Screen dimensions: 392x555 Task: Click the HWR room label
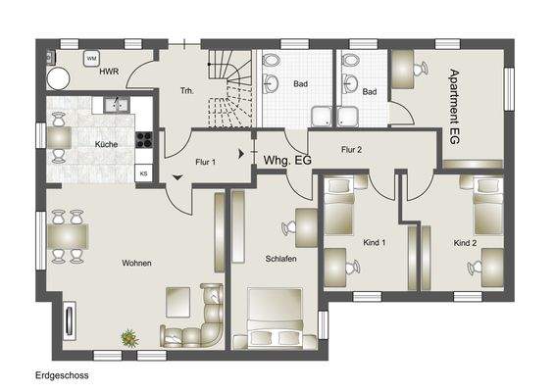tap(110, 72)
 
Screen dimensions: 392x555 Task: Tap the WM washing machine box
tap(91, 60)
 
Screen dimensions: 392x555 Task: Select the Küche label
tap(106, 144)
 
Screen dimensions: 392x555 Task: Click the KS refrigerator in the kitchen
tap(143, 173)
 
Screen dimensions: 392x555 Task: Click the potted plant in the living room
tap(128, 338)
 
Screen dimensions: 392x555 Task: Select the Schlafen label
tap(280, 259)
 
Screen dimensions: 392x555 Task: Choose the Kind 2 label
tap(465, 241)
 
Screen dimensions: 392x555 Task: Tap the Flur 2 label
tap(351, 149)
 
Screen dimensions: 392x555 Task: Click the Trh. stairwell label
tap(187, 91)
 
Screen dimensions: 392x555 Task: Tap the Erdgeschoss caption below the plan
tap(63, 374)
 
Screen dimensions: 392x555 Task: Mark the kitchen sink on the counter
tap(115, 102)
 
